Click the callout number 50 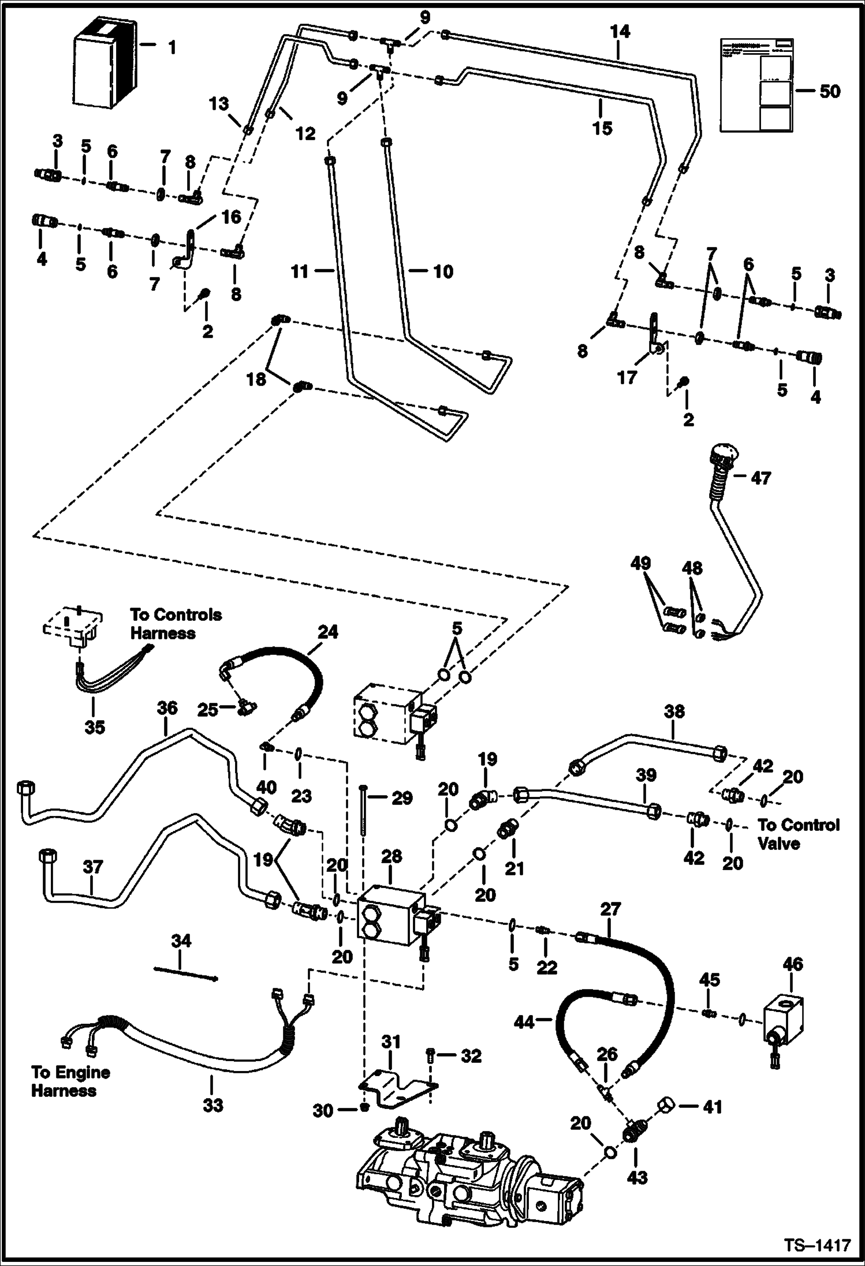(830, 91)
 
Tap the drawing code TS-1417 (816, 1244)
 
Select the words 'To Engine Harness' (70, 1081)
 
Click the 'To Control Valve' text (798, 834)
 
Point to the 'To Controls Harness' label (176, 624)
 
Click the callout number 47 (760, 478)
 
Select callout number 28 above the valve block (392, 856)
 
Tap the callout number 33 (212, 1105)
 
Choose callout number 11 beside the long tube (300, 271)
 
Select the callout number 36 (167, 709)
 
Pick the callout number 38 (674, 711)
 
